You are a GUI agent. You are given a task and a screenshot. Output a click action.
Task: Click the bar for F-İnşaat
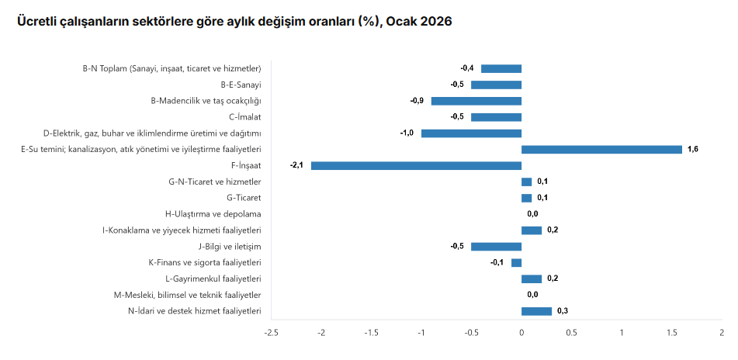point(416,165)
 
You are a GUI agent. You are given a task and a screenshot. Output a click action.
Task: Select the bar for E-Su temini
point(601,149)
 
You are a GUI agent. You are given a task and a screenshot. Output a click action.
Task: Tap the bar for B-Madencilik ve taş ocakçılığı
point(476,101)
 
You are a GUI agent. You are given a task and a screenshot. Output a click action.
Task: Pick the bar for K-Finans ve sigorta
point(516,262)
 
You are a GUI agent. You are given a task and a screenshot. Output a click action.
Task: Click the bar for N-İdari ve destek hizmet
point(536,311)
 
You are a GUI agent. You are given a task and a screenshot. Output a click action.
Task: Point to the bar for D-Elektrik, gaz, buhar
point(471,133)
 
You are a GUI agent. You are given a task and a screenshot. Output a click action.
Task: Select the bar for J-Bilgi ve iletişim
point(496,246)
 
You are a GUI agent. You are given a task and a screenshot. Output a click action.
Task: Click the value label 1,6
point(693,149)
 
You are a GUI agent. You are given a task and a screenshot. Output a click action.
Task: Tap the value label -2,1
point(296,165)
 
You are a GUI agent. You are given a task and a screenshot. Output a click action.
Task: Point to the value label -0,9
point(417,101)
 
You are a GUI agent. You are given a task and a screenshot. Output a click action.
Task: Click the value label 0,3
point(563,311)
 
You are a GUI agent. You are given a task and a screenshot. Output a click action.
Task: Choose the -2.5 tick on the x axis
point(271,333)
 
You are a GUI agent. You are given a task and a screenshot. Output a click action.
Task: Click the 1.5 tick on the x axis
point(671,333)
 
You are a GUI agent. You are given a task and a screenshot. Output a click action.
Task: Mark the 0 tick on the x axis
point(521,333)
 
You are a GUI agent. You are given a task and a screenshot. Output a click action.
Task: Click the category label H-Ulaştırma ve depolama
point(213,214)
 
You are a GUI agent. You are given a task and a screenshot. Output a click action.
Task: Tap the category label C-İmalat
point(245,117)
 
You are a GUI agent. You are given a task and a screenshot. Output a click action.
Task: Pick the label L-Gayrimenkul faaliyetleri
point(213,279)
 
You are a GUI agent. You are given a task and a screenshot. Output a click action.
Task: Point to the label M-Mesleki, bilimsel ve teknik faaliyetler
point(187,295)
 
